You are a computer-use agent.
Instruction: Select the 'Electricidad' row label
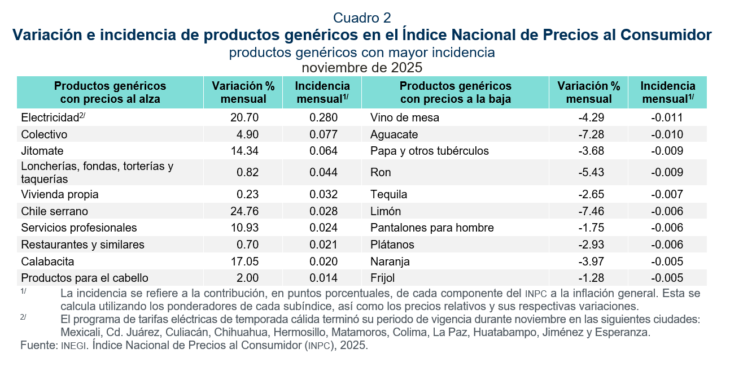point(49,118)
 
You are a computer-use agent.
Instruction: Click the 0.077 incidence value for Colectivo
point(324,134)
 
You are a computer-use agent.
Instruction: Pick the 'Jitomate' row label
point(42,151)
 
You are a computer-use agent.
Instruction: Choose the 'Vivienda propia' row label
point(60,194)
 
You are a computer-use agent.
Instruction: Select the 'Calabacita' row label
point(47,262)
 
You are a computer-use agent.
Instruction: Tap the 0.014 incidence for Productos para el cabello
point(324,278)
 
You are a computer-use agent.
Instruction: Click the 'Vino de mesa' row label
point(405,118)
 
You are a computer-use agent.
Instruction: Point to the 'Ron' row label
point(381,172)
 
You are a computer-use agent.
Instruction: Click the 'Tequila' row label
point(389,194)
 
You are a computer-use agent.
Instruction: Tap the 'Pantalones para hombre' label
point(432,228)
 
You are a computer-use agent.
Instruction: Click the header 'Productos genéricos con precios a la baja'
point(455,93)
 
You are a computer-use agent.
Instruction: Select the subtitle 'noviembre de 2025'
point(362,67)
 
